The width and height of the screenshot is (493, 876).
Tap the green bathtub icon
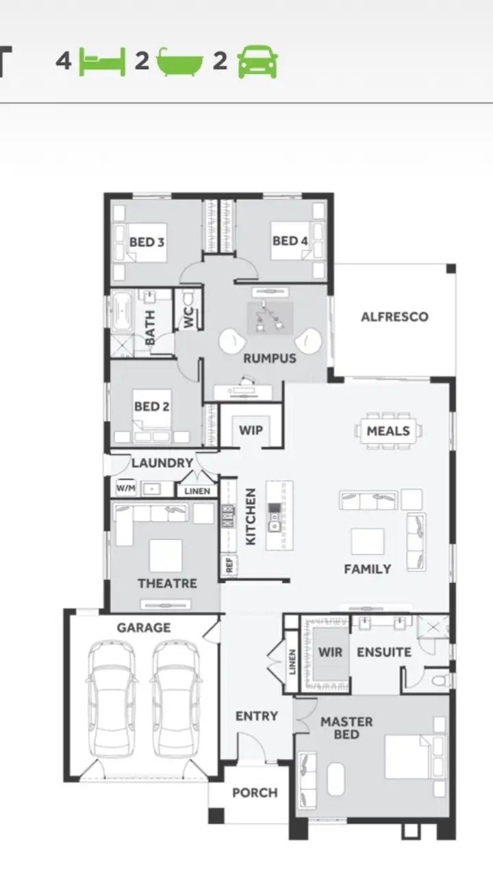(180, 62)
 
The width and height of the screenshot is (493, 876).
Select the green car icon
(257, 62)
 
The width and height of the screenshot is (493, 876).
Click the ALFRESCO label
(394, 317)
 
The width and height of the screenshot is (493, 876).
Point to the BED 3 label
(147, 242)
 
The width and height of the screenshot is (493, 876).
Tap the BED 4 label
(290, 241)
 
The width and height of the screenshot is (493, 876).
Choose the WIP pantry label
(250, 430)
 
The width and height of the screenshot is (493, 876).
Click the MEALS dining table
(388, 431)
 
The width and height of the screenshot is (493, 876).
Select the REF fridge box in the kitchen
(229, 565)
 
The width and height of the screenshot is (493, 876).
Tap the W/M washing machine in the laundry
(125, 488)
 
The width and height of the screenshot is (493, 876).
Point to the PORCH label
(255, 793)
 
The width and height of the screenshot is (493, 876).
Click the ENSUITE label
(384, 652)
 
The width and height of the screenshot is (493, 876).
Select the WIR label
(330, 652)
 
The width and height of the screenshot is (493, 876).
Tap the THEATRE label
(167, 584)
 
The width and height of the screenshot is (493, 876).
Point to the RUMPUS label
(270, 359)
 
